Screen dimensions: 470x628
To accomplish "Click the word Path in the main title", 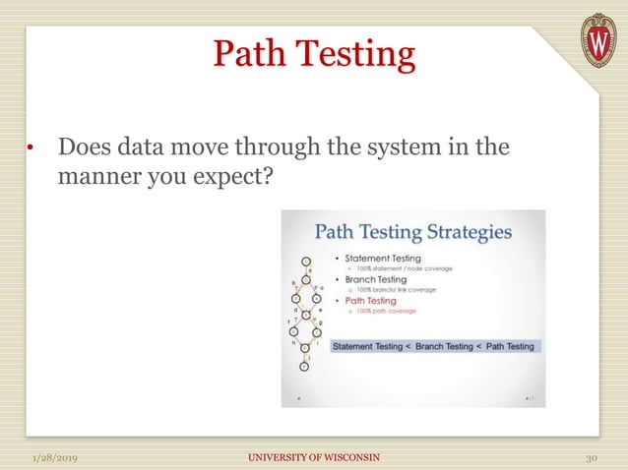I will (249, 54).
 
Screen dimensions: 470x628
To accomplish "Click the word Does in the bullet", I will (87, 149).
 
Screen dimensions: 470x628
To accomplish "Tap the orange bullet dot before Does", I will (31, 150).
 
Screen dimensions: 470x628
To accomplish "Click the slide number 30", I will (592, 458).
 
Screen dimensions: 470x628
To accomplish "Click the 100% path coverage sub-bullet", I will (385, 311).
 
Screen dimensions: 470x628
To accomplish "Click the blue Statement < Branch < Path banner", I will (434, 346).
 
